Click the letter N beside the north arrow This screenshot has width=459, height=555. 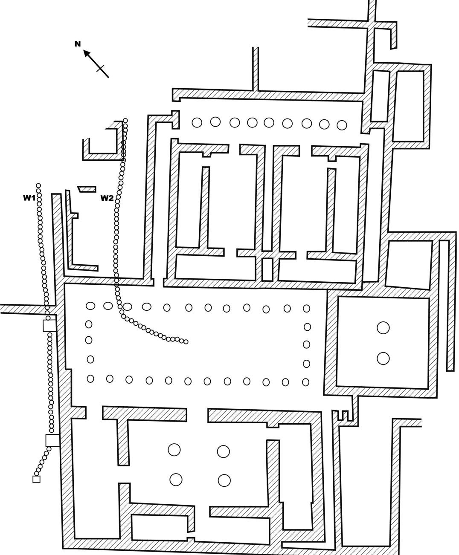point(78,44)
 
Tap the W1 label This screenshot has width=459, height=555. point(29,198)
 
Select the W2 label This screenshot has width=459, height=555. point(107,198)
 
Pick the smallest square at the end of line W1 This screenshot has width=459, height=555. point(36,479)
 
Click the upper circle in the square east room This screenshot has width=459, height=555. point(383,328)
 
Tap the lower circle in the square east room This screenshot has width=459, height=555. point(383,358)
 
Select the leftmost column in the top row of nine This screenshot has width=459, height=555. point(197,123)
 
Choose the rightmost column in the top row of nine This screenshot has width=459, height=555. point(342,125)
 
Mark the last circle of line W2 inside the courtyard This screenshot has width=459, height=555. point(186,341)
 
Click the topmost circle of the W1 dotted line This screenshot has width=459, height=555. point(38,186)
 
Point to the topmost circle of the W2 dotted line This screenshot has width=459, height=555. point(125,121)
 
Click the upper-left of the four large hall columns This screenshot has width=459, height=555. point(174,449)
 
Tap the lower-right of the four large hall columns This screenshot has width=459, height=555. point(224,480)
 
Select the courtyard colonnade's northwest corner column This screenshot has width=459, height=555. point(90,306)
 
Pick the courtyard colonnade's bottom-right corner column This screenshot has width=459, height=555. point(306,382)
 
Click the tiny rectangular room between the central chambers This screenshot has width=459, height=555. point(267,269)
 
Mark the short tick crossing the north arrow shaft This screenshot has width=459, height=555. point(101,69)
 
